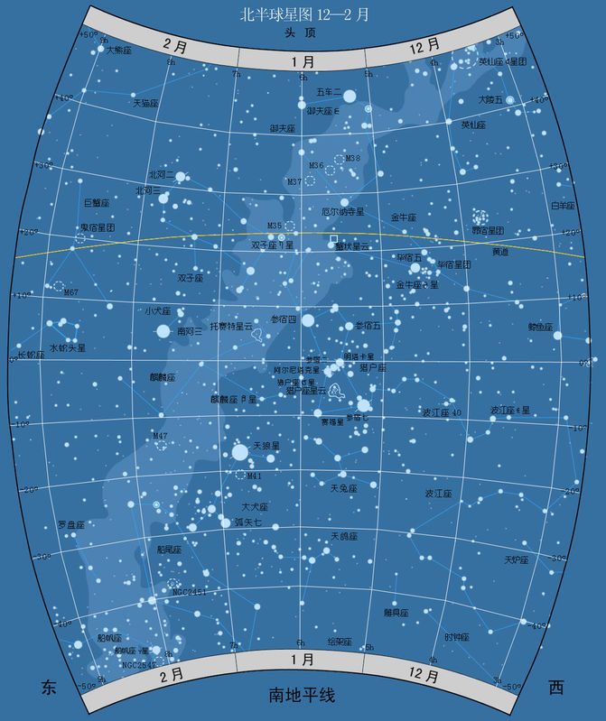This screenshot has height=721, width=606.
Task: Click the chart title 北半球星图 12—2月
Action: click(303, 14)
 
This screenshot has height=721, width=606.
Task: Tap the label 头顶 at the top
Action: click(303, 33)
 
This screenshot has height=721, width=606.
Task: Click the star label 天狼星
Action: click(266, 446)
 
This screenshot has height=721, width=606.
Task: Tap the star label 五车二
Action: click(328, 93)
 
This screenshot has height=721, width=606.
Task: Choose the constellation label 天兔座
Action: click(344, 488)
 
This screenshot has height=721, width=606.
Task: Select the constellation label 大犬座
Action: click(256, 506)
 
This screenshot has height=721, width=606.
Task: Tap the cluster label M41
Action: click(254, 476)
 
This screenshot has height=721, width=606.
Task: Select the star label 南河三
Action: click(190, 332)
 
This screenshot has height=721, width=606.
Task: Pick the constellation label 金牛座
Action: click(403, 217)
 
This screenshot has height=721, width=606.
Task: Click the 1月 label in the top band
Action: click(303, 62)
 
